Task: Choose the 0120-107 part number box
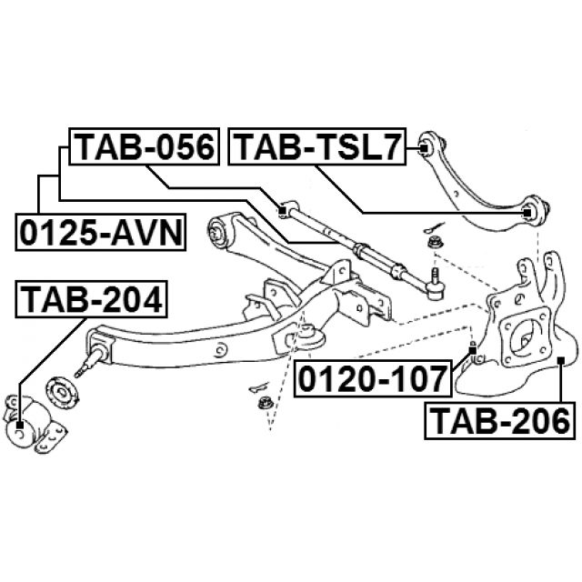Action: (x=372, y=376)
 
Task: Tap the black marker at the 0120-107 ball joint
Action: (x=473, y=349)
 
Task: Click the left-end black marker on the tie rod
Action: (x=284, y=211)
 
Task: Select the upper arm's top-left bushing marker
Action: (x=424, y=146)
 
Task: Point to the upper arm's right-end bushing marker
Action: (x=529, y=213)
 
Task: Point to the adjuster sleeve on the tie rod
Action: (x=362, y=247)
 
